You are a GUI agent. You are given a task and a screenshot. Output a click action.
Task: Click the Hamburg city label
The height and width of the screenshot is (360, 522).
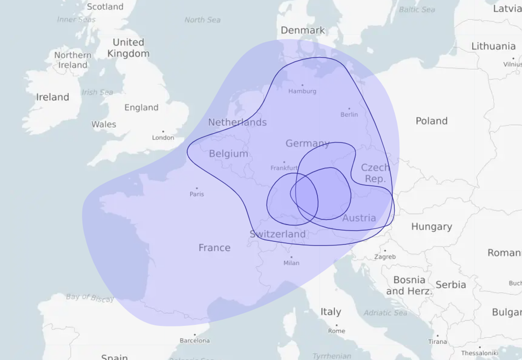[x=302, y=91]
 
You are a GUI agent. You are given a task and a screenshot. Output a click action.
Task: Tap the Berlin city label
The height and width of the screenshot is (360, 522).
[x=349, y=115]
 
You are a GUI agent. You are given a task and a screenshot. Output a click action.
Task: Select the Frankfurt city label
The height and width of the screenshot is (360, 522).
[x=284, y=168]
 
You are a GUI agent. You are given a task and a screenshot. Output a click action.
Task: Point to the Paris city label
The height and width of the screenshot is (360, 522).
[x=197, y=194]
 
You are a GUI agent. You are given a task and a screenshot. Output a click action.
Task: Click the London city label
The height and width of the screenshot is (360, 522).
[x=163, y=137]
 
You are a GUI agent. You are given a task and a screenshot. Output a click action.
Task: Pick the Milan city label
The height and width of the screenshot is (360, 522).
[x=292, y=263]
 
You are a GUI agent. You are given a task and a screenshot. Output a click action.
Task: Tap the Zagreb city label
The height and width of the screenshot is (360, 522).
[x=385, y=257]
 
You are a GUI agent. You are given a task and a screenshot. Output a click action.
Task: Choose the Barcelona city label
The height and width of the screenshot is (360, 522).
[x=194, y=340]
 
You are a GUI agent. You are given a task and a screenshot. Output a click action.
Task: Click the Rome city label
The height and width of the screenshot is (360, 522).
[x=336, y=330]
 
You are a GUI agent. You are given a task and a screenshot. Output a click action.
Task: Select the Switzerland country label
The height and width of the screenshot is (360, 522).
[x=278, y=234]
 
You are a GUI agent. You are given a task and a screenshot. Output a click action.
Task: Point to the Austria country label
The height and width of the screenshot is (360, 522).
[x=359, y=218]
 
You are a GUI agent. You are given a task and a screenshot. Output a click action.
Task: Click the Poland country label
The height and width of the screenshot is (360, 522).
[x=431, y=121]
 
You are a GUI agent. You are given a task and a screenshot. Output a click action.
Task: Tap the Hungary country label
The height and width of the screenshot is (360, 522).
[x=431, y=227]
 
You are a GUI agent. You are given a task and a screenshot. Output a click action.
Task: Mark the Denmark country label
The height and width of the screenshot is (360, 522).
[x=303, y=30]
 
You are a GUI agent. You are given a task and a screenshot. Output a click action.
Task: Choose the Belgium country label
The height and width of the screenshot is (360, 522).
[x=228, y=153]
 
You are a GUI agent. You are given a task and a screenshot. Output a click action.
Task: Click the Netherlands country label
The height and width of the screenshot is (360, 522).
[x=237, y=122]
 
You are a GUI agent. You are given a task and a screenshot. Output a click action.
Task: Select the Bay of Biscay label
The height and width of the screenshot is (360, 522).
[x=90, y=297]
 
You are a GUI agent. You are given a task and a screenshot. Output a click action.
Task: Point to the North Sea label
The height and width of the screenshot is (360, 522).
[x=202, y=20]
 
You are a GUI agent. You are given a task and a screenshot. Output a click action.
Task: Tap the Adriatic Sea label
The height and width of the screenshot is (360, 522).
[x=386, y=312]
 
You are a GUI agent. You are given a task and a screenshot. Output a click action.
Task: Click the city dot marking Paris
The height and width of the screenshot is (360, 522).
[x=197, y=188]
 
